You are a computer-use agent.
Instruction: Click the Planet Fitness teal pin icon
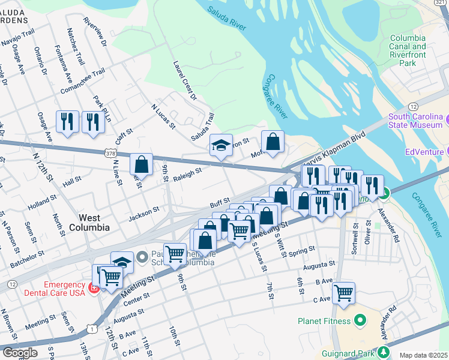point(360,320)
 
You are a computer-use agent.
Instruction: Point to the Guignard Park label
point(348,350)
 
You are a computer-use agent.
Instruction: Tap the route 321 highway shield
point(442,2)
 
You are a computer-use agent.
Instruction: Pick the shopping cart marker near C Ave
point(343,293)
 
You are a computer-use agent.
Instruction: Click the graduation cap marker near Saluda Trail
point(221,145)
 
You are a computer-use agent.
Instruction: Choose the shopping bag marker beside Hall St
point(141,164)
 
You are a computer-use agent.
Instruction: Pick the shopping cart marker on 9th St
point(175,254)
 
